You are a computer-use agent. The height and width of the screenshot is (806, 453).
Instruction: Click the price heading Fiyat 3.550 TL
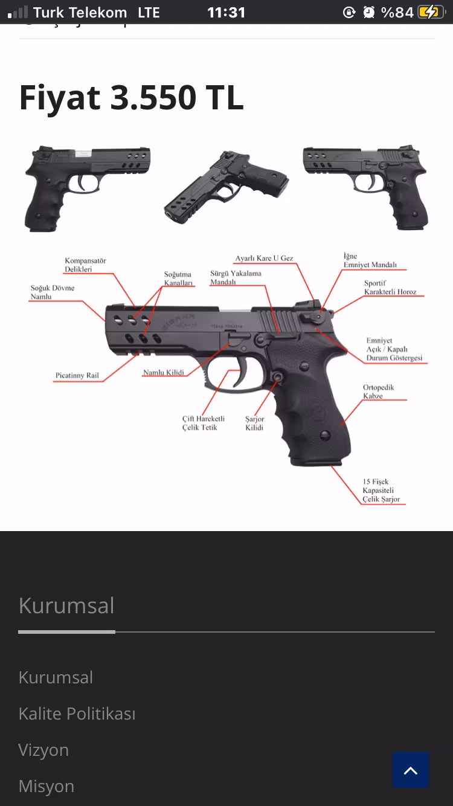(131, 97)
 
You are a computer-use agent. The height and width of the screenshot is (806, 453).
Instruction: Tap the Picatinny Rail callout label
(77, 376)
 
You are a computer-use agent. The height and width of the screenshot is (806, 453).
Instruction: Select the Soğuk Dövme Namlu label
(53, 292)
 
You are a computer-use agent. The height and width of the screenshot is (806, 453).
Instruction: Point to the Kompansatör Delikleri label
(85, 265)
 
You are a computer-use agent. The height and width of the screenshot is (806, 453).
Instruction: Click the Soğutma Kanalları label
(178, 279)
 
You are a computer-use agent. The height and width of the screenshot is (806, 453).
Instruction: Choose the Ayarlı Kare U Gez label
(264, 259)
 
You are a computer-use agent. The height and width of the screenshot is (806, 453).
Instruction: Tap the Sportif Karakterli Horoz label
(390, 288)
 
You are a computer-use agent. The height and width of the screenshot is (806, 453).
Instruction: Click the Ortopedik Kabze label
(378, 392)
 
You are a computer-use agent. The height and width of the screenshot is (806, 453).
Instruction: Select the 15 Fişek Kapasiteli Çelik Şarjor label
(381, 491)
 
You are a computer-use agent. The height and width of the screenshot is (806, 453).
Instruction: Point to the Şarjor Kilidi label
(254, 423)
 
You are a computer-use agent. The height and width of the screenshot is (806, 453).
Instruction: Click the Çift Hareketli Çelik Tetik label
(204, 423)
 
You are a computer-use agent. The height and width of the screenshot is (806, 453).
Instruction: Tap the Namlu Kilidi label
(163, 373)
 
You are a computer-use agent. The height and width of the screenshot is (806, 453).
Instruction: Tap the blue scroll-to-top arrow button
(411, 770)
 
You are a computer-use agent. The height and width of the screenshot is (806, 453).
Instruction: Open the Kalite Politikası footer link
(77, 714)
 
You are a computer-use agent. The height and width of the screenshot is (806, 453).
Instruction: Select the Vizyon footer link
(43, 750)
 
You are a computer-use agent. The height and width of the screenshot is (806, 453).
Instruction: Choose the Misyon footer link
(46, 786)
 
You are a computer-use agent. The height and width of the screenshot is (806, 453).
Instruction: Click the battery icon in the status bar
(430, 12)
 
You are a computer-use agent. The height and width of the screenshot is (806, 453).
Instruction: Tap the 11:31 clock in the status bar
(226, 12)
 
